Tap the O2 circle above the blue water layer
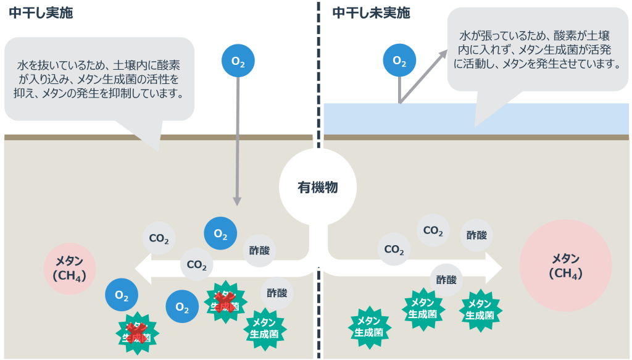point(399,61)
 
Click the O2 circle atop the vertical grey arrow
point(238,61)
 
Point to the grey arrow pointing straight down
point(238,142)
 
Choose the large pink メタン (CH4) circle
point(565,266)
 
